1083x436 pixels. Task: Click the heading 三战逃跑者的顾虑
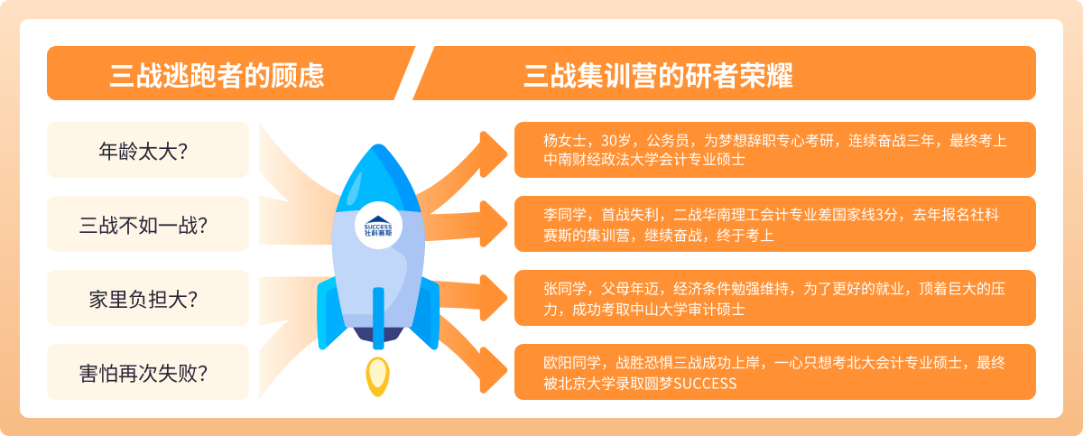point(218,76)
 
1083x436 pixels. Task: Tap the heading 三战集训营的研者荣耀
point(659,76)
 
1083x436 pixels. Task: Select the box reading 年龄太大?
point(148,150)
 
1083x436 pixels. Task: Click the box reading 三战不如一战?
point(148,224)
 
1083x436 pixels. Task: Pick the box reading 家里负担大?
point(148,298)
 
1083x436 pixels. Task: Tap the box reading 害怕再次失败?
point(148,372)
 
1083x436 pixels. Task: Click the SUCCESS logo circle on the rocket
point(378,226)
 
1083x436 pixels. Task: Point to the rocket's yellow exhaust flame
point(377,376)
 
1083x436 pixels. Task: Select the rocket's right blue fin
point(425,313)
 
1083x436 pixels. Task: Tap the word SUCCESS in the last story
point(705,384)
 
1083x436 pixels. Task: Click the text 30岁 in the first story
point(616,141)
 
